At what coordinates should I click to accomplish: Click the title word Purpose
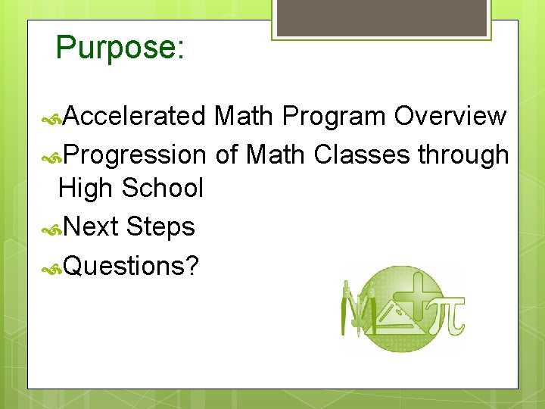(x=116, y=48)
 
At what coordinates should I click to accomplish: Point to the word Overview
(x=450, y=116)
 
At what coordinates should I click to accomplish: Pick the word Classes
(x=362, y=155)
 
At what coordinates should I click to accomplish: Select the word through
(x=463, y=155)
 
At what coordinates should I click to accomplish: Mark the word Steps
(x=161, y=226)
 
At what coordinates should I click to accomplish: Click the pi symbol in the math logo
(x=447, y=315)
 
